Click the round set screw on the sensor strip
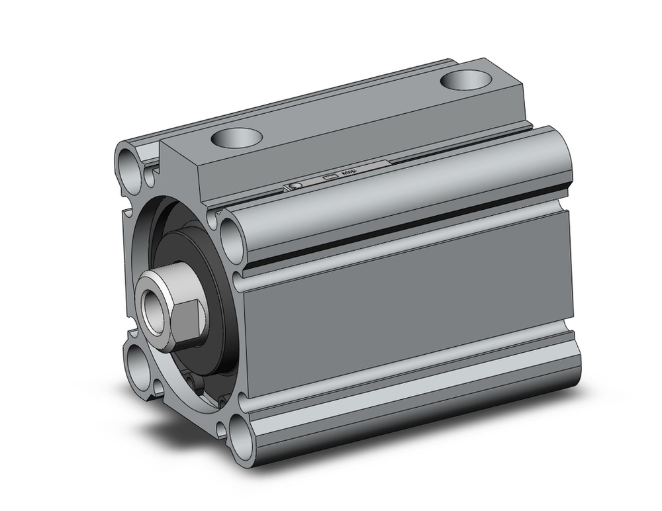pos(297,187)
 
